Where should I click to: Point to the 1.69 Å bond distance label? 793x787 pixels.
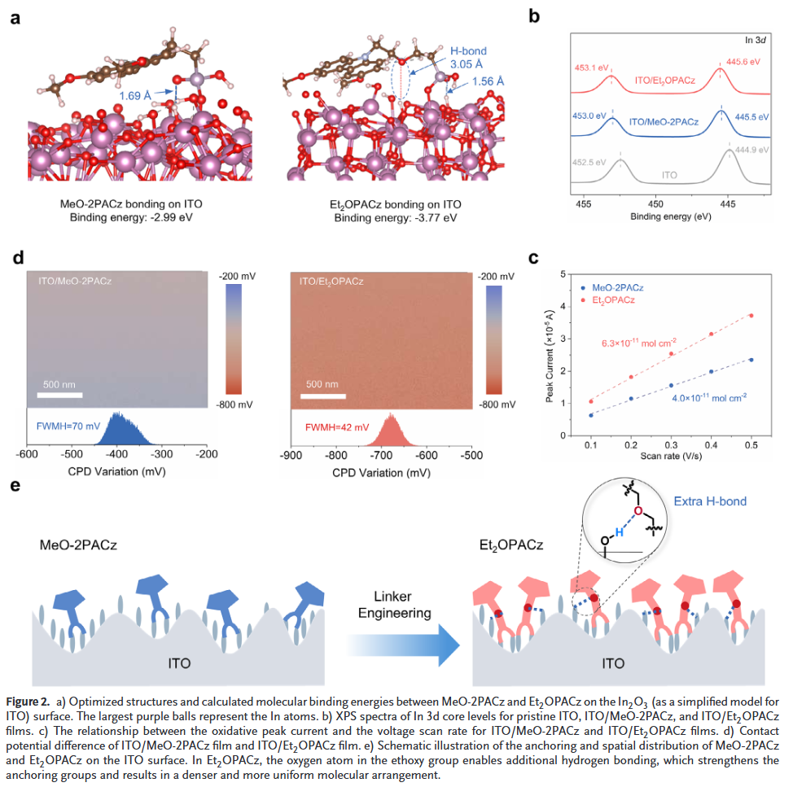click(135, 96)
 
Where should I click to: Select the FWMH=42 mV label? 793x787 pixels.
click(337, 426)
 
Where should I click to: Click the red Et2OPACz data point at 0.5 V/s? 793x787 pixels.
click(751, 316)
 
